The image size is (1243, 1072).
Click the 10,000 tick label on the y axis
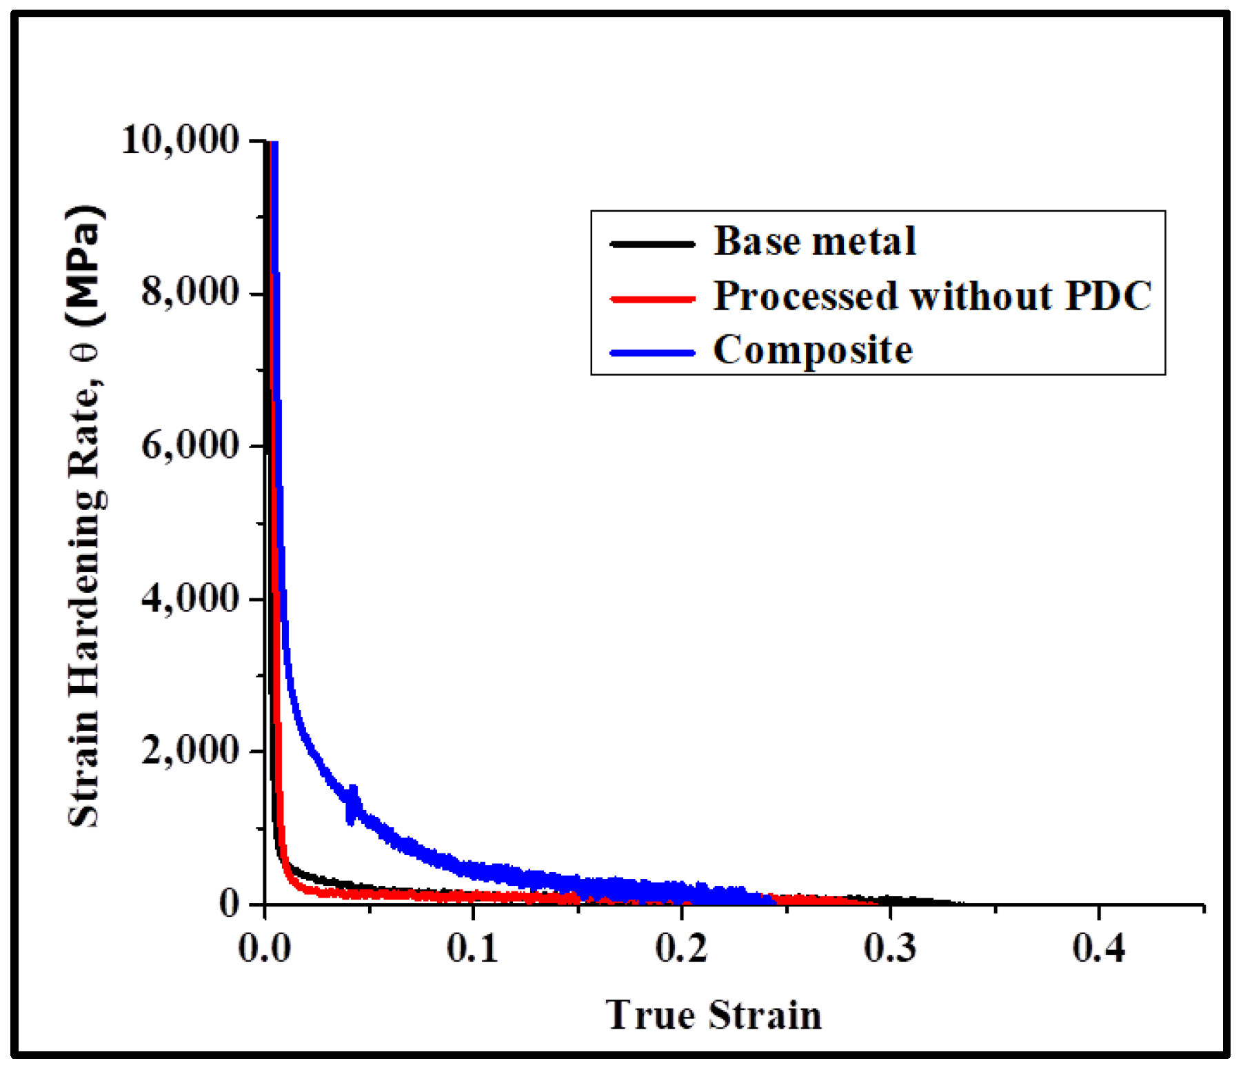[180, 140]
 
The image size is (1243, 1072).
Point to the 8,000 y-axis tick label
[190, 292]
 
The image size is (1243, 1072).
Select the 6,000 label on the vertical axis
[190, 445]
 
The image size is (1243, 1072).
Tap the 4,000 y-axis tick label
[190, 598]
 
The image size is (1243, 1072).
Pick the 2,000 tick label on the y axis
[190, 751]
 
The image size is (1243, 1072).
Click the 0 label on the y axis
[230, 903]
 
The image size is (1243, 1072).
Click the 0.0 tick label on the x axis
[265, 949]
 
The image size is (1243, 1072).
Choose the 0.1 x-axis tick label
[473, 949]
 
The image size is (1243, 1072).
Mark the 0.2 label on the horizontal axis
[681, 949]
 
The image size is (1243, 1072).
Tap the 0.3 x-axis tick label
[890, 949]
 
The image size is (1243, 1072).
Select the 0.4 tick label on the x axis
[1099, 949]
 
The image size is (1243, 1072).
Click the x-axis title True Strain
[714, 1015]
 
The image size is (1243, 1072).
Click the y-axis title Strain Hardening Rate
[85, 517]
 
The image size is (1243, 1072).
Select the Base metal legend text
[814, 241]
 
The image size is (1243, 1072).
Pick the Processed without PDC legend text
[932, 296]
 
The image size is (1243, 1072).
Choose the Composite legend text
[813, 350]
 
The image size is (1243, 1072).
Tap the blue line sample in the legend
[652, 353]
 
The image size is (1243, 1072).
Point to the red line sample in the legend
[652, 299]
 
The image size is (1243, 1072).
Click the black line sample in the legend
[652, 243]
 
